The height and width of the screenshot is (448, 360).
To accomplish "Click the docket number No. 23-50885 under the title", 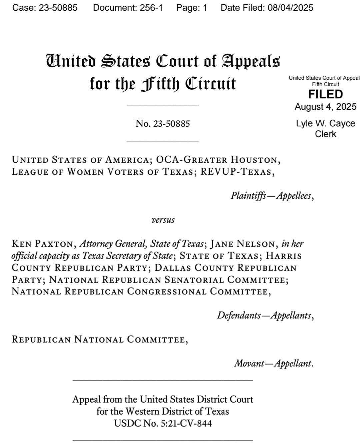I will [163, 124].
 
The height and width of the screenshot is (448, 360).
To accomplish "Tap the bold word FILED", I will [325, 94].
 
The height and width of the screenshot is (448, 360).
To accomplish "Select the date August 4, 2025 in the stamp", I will [325, 107].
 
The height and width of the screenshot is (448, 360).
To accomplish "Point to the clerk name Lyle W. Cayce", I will [325, 123].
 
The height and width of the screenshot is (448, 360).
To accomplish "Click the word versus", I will [163, 220].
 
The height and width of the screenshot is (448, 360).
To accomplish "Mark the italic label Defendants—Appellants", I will [265, 315].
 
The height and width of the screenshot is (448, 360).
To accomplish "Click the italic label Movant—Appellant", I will [273, 363].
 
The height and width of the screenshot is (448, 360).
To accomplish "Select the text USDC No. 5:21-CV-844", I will [163, 423].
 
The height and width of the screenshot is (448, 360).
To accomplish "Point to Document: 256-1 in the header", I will [128, 8].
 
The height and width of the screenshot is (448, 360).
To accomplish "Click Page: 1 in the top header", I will [192, 8].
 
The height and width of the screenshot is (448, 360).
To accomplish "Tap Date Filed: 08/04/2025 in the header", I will [267, 8].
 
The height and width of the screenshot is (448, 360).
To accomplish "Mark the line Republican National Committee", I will [99, 340].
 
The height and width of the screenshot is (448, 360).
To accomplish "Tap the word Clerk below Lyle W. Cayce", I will [325, 134].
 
